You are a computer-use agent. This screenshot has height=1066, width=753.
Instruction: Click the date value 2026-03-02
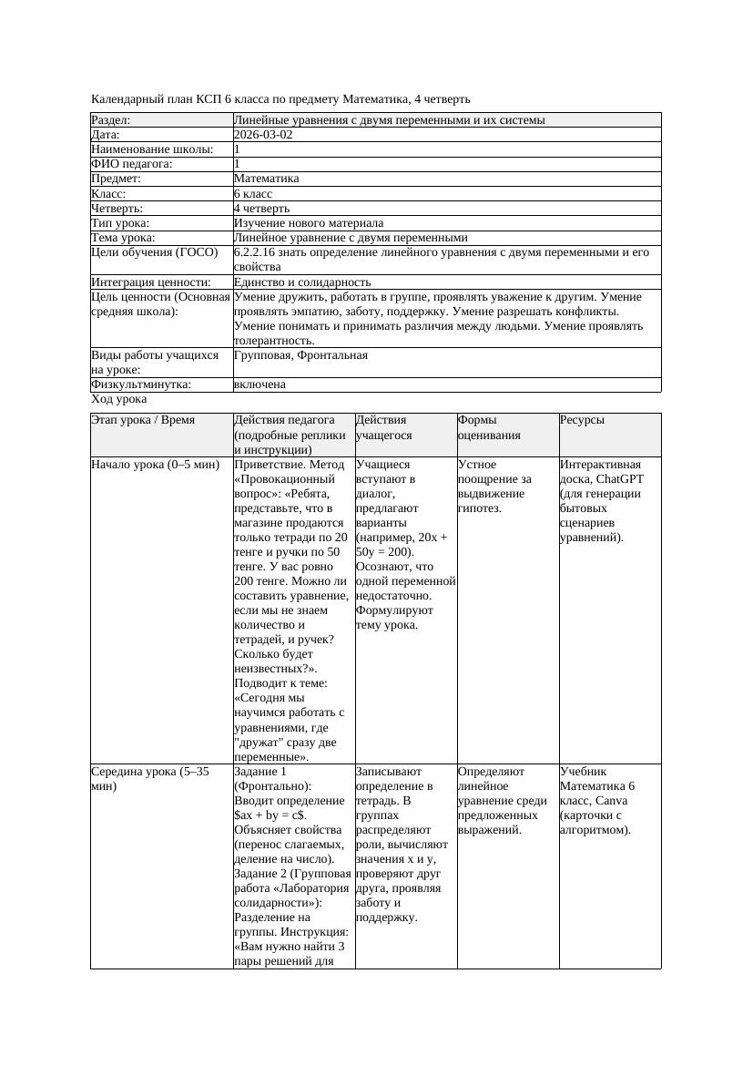click(x=263, y=134)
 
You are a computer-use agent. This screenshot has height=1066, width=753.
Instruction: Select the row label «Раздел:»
click(x=111, y=119)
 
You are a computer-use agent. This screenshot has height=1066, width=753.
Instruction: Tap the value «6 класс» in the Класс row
click(x=253, y=193)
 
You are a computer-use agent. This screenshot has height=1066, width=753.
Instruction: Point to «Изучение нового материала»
click(x=308, y=222)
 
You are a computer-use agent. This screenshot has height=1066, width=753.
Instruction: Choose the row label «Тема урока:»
click(x=123, y=237)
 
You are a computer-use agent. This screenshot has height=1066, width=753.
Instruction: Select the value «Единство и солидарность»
click(x=302, y=282)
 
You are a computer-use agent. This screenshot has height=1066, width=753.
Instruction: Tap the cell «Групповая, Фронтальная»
click(x=300, y=355)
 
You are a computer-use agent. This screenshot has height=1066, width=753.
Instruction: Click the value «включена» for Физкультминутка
click(x=259, y=384)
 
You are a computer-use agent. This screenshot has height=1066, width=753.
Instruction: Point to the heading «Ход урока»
click(x=119, y=399)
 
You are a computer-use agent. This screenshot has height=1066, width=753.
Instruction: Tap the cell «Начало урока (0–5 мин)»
click(x=156, y=465)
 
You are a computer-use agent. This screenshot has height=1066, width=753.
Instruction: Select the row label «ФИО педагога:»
click(x=132, y=164)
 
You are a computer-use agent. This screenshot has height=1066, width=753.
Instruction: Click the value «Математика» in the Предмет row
click(x=266, y=179)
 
